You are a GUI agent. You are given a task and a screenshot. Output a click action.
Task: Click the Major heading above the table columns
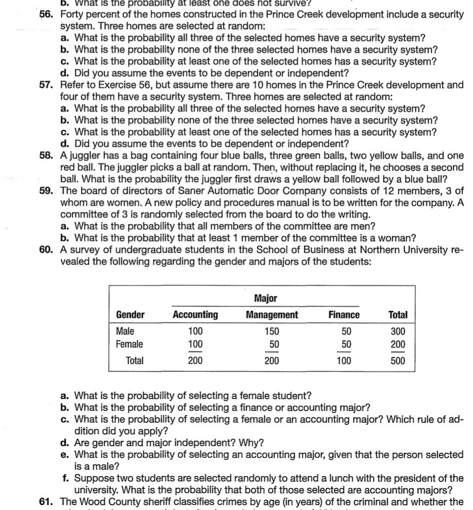pos(265,298)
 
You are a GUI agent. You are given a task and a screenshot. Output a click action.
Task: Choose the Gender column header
pos(130,315)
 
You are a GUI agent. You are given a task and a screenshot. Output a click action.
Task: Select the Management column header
pos(272,315)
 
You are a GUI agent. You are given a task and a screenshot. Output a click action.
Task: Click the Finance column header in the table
pos(344,315)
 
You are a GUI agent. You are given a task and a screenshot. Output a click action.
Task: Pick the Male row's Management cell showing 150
pos(272,332)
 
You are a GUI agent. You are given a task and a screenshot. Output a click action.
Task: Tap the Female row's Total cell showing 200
pos(398,344)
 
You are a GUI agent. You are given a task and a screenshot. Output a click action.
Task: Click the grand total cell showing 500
pos(398,361)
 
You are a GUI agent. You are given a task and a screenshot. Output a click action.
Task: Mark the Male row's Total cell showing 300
pos(398,332)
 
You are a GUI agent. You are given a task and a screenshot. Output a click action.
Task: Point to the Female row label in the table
pos(129,344)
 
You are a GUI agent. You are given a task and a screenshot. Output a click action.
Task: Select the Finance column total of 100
pos(344,361)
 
